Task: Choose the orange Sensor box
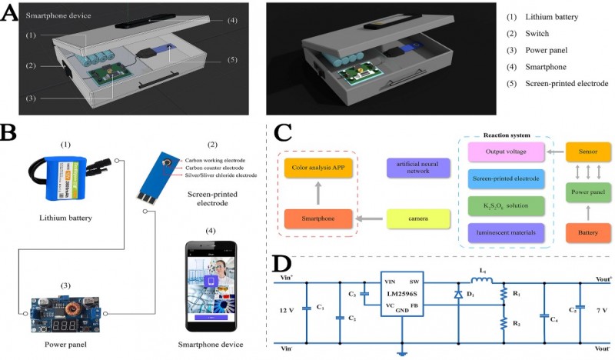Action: click(588, 152)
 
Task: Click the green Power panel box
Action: click(588, 185)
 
